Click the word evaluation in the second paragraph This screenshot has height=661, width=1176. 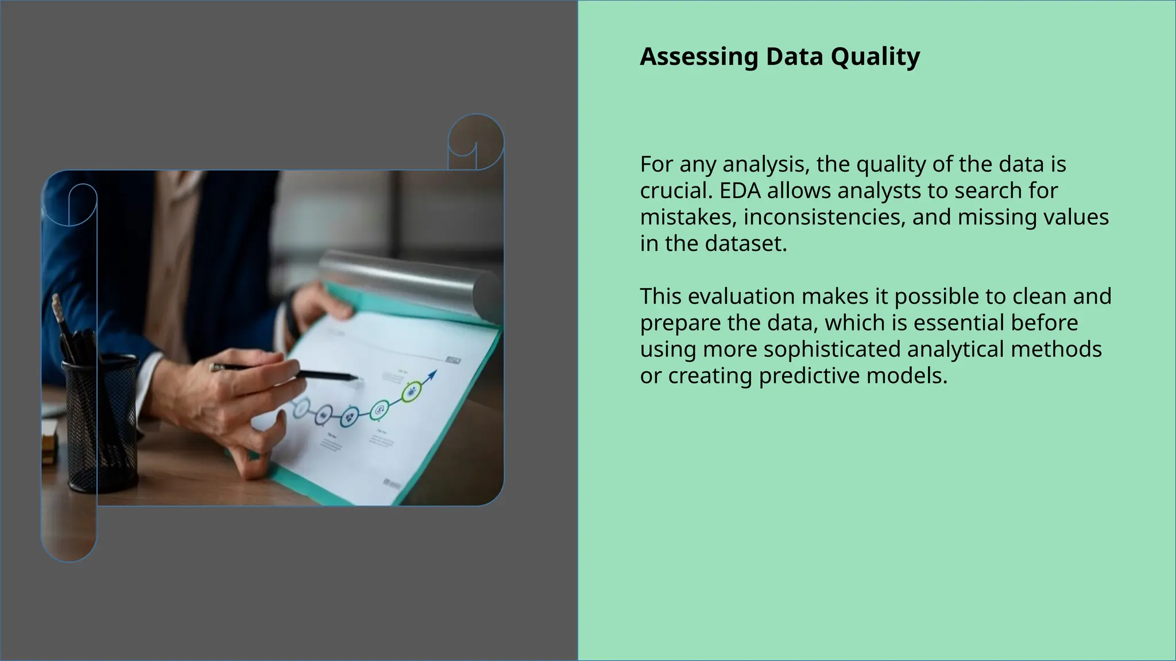click(741, 296)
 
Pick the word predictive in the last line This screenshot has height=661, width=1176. click(809, 375)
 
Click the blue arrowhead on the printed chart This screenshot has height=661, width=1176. click(432, 375)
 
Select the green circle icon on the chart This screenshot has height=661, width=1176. click(411, 392)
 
